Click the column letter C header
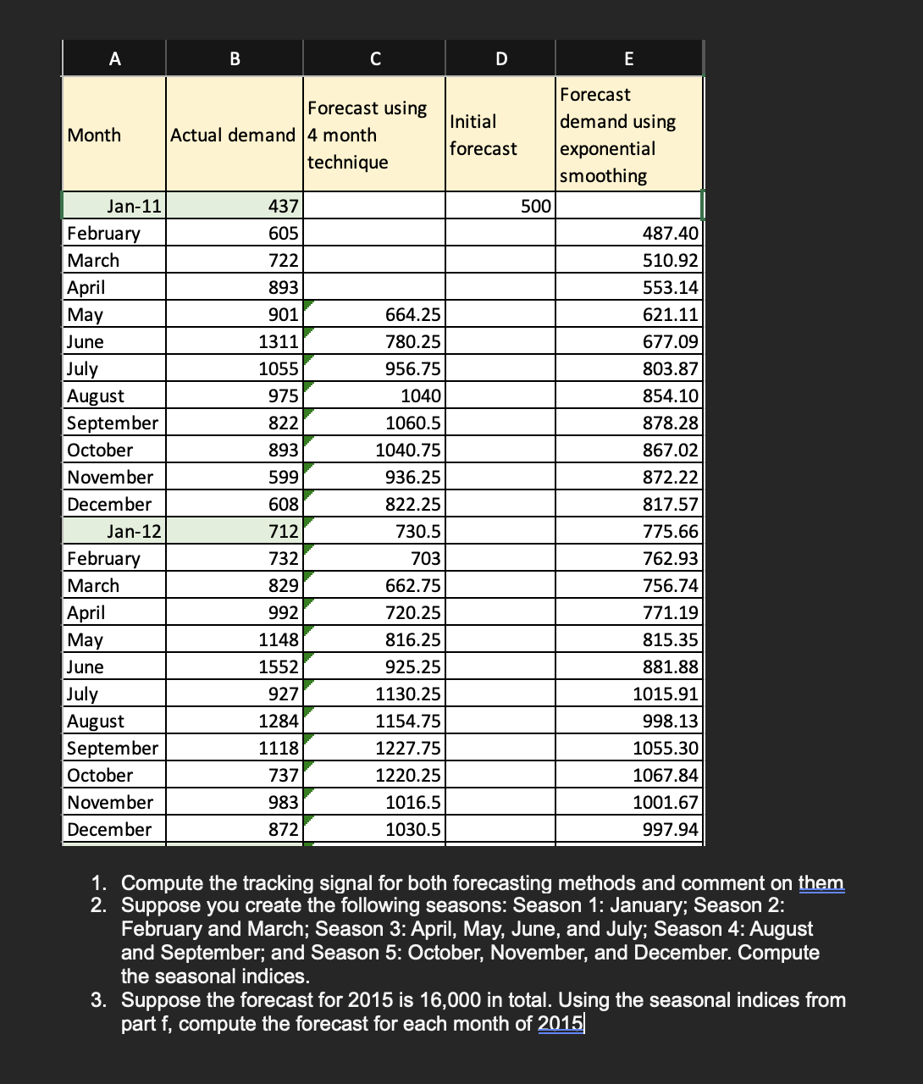[374, 58]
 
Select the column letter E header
[628, 58]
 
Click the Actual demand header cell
[233, 135]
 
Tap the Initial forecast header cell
[484, 135]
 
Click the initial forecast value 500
[535, 207]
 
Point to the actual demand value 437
[283, 207]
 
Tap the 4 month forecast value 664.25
[412, 315]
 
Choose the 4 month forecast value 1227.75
[408, 749]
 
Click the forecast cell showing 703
[425, 559]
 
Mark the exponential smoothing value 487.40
[670, 234]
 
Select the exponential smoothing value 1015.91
[666, 694]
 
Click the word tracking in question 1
[276, 883]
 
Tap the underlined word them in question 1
[821, 883]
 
